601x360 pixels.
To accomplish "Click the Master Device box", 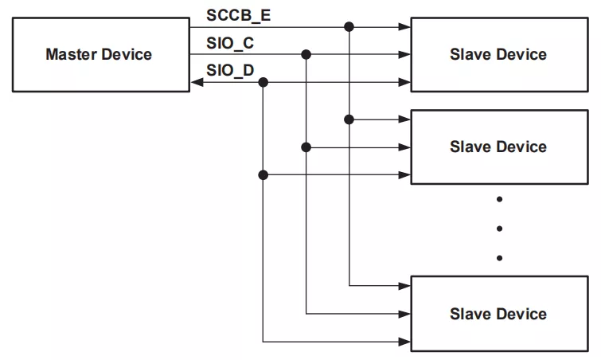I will pos(99,55).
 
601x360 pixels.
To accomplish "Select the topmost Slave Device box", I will pos(498,55).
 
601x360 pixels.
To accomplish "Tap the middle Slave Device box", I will pos(498,147).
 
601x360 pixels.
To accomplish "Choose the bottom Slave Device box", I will pos(498,314).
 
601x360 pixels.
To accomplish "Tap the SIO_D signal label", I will pos(230,70).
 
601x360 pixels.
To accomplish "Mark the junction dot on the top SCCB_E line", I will pos(349,27).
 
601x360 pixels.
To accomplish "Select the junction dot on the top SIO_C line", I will pos(306,55).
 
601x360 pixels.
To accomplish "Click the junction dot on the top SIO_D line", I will pos(263,83).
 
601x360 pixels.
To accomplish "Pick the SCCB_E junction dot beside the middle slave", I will pos(349,119).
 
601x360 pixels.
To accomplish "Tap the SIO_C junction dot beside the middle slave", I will pos(306,147).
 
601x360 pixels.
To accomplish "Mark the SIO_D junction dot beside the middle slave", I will pos(263,175).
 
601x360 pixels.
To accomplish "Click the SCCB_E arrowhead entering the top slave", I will pos(404,27).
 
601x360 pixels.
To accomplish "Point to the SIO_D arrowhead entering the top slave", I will pos(404,83).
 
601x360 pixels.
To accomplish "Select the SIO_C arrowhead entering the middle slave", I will pos(404,147).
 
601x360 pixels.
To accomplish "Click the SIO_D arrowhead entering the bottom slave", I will pos(404,342).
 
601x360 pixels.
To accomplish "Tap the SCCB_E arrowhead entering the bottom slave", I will pos(404,286).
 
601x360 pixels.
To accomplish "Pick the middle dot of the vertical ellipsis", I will pos(499,229).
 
